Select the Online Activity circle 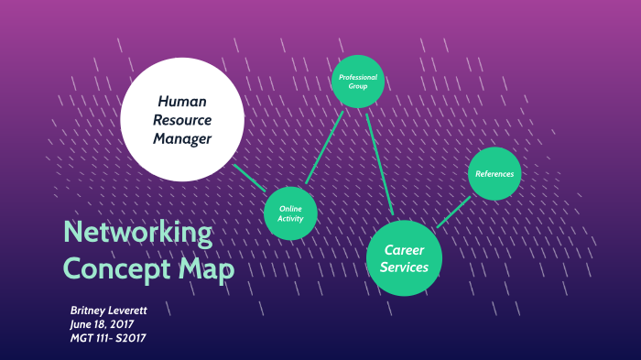coord(290,214)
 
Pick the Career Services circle coord(406,258)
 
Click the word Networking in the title coord(137,233)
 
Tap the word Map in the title coord(206,269)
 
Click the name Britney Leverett coord(108,311)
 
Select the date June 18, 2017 coord(102,324)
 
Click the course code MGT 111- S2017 coord(108,339)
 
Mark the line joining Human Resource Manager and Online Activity coord(250,180)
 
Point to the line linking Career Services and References coord(453,212)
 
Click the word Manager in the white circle coord(183,139)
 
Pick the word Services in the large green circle coord(406,267)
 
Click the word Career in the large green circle coord(403,249)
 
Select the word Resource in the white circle coord(183,120)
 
